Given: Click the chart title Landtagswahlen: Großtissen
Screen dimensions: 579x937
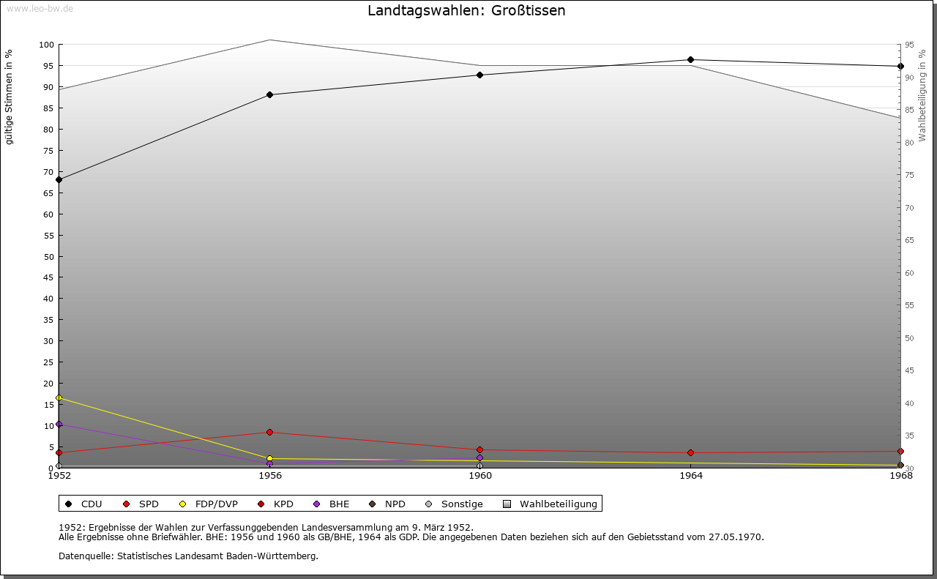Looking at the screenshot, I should (x=466, y=11).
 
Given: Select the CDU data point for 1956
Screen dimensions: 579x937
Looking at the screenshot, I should (x=269, y=94).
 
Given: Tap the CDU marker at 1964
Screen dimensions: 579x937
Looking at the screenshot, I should (x=690, y=60).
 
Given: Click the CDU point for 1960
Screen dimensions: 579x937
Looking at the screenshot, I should (x=479, y=75).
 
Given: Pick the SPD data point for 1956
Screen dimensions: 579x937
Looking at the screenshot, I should (x=269, y=433).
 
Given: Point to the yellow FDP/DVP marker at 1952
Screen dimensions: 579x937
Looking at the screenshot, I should (x=59, y=398).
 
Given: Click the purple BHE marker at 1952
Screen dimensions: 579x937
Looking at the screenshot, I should (x=59, y=424).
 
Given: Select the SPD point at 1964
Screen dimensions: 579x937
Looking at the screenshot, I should (x=690, y=453).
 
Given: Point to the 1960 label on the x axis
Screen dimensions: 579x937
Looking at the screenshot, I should (x=479, y=476).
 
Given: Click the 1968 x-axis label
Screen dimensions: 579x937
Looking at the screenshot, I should (x=900, y=476).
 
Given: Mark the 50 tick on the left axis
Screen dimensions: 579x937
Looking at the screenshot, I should (x=48, y=256).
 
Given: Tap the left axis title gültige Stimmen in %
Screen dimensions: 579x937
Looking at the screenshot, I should (x=10, y=97).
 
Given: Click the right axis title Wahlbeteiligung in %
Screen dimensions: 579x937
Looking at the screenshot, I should (x=922, y=95).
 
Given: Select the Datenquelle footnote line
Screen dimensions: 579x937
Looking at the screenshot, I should (x=188, y=556).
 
